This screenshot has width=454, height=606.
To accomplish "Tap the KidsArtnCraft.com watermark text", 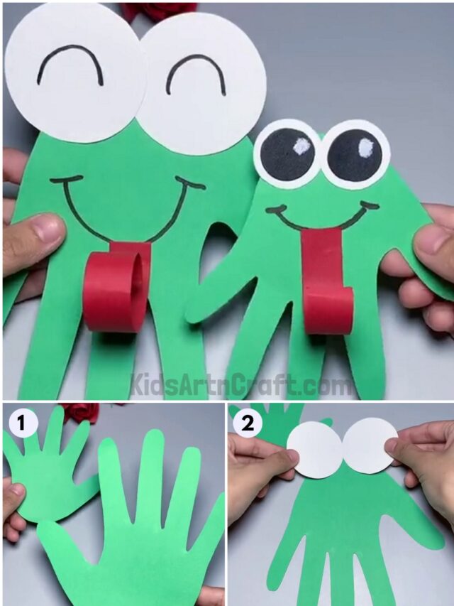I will coord(241,385).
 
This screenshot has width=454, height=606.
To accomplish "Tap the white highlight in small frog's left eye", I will coord(301,147).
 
